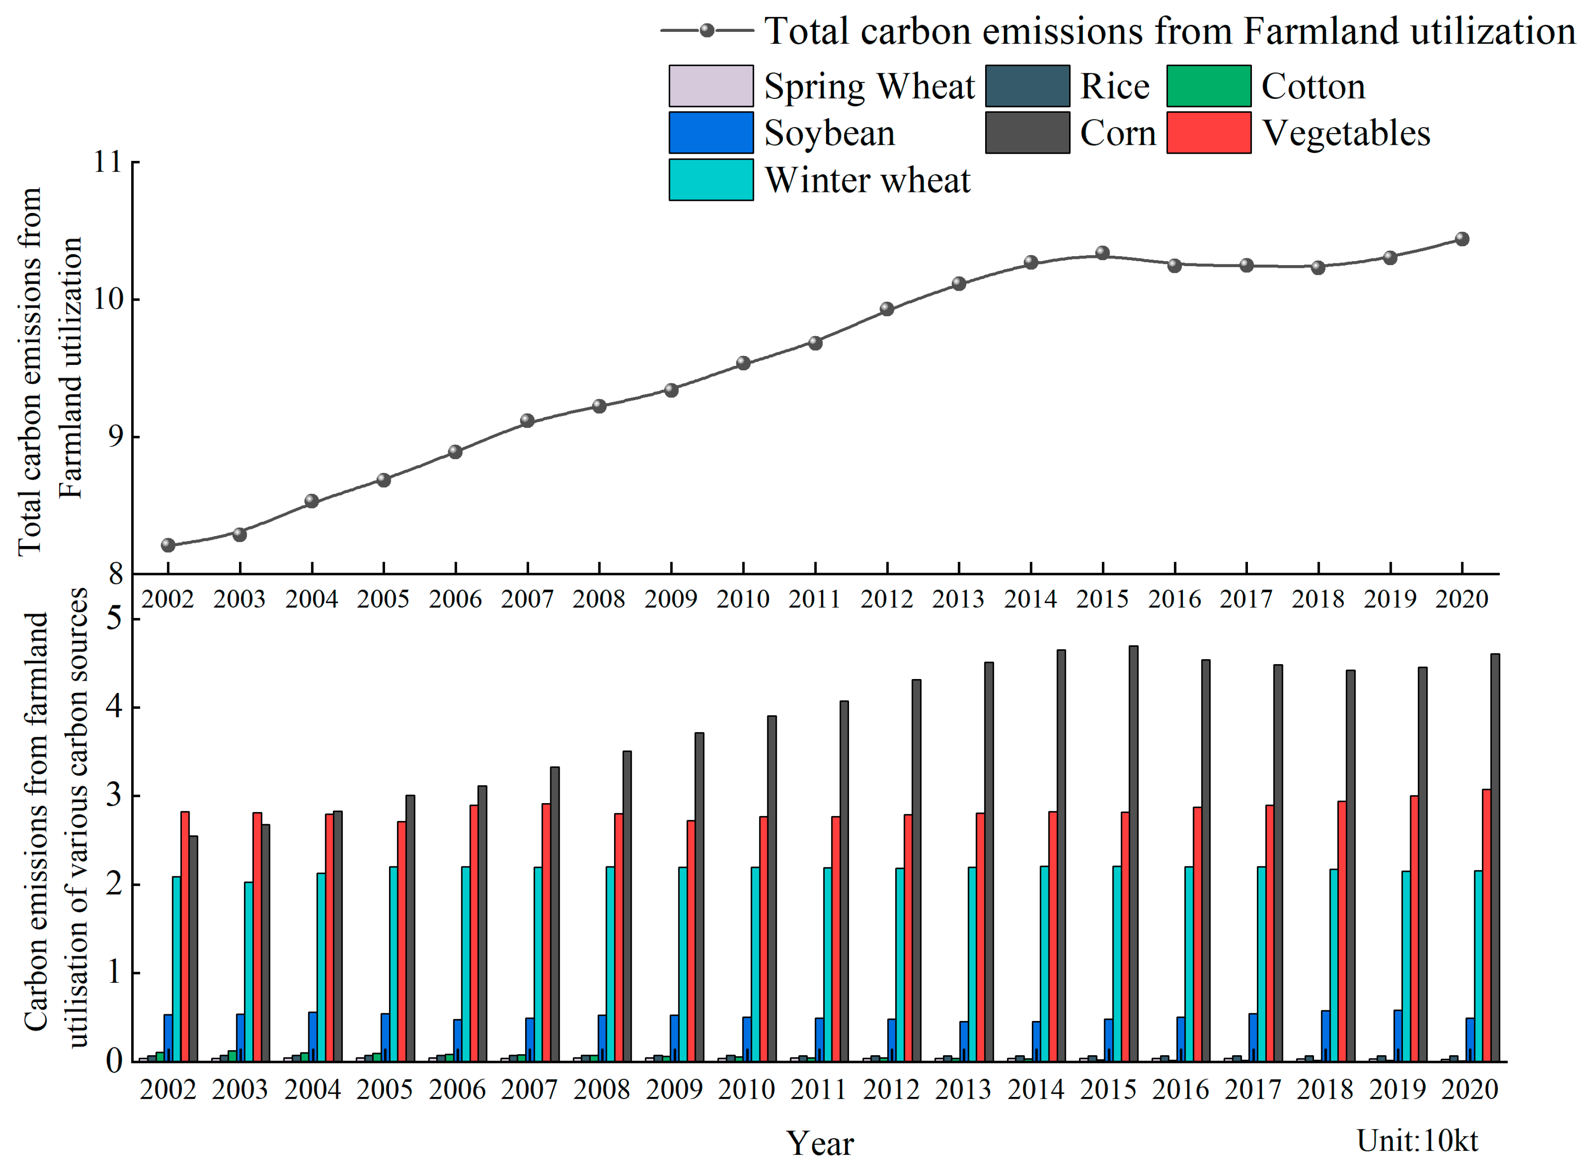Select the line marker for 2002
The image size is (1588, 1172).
point(168,545)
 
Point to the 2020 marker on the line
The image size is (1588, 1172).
point(1462,239)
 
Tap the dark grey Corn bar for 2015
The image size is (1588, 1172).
point(1133,851)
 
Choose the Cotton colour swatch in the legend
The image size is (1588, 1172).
point(1208,86)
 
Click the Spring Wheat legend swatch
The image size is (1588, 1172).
point(711,86)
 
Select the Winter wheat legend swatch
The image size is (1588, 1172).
point(711,179)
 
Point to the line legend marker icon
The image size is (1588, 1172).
point(707,31)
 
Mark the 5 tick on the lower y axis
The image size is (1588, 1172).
point(114,619)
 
